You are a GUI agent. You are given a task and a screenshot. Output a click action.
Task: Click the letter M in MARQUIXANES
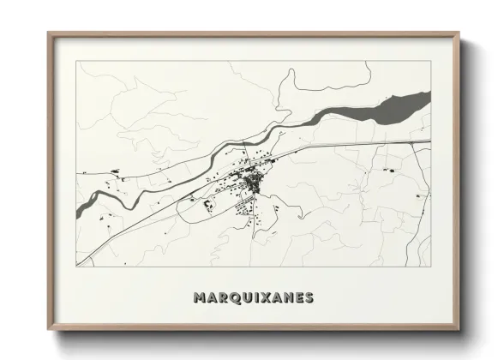[x=200, y=298]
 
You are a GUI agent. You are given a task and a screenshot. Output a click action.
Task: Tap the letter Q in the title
[x=232, y=298]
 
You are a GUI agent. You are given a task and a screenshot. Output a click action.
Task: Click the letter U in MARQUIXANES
[x=244, y=298]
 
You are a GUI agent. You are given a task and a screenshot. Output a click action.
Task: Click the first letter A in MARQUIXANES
[x=211, y=298]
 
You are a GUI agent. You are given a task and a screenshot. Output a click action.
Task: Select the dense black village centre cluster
[x=254, y=182]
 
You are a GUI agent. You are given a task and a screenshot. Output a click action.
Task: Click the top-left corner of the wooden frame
[x=49, y=33]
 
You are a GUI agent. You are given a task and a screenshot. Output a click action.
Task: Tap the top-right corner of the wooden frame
[x=459, y=33]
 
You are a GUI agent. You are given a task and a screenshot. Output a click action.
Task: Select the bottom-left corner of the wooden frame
[x=49, y=330]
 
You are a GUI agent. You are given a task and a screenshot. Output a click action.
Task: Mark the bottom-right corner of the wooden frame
[x=459, y=330]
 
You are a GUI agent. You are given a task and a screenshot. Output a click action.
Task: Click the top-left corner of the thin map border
[x=76, y=61]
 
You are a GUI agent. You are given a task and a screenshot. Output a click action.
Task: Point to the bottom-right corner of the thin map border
[x=431, y=266]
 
